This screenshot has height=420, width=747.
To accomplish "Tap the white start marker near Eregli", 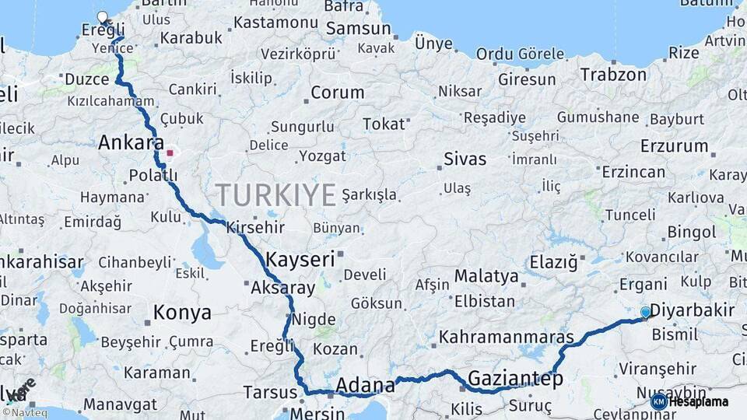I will pos(102,17).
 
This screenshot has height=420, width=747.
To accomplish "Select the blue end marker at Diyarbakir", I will pos(645,313).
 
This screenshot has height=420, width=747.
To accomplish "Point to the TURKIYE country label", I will pos(275,194).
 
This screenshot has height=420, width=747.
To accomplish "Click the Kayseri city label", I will pos(300,259).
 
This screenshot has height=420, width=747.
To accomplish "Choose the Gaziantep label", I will pos(515,380).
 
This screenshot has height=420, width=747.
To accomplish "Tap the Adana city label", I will pos(366,384).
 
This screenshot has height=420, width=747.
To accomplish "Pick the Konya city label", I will pos(182,313).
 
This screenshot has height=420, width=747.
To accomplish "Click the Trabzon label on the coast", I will pos(612,75).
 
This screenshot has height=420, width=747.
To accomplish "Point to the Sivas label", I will pos(465,159).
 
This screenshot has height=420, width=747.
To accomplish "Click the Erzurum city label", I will pos(674,146).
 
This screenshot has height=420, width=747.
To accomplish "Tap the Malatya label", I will pos(486,276).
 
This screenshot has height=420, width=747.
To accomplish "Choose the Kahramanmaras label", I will pos(507,338).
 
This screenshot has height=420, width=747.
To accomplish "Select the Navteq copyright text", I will pos(24,413).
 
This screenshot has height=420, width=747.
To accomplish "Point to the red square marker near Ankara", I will pos(170,152).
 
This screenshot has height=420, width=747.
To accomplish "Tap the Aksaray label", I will pos(282,288).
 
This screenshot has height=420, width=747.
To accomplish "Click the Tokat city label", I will pos(384,124).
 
